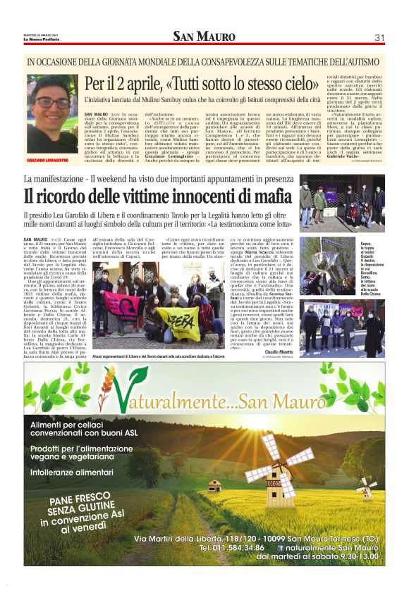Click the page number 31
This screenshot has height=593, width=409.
(x=379, y=37)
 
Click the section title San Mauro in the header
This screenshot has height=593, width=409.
(x=204, y=37)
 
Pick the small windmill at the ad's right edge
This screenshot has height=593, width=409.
(x=365, y=487)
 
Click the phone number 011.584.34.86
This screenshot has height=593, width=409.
(x=232, y=547)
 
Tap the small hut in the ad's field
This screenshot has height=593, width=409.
(x=215, y=485)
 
